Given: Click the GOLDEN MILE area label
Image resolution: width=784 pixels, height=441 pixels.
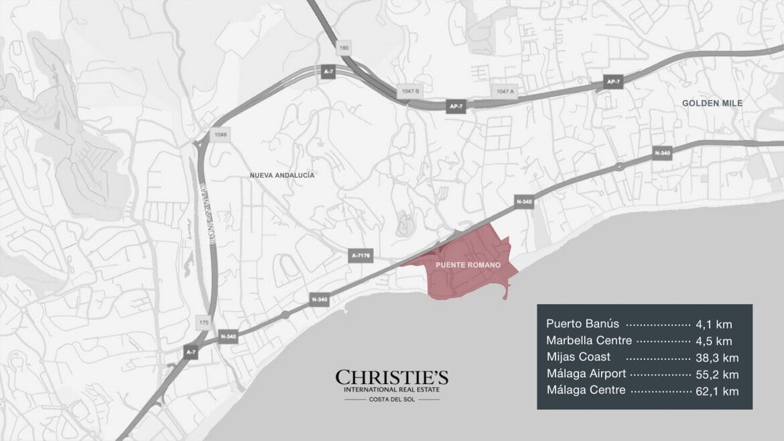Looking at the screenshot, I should click(712, 103).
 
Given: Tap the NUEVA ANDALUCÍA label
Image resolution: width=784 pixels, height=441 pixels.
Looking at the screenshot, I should click(282, 175).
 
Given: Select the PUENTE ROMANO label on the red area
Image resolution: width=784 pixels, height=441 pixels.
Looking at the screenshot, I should click(468, 265).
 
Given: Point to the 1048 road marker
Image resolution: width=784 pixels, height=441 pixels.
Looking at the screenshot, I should click(221, 134).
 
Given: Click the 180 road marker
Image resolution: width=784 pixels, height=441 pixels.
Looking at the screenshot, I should click(344, 48).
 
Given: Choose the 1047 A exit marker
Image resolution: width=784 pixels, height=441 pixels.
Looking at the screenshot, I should click(505, 91).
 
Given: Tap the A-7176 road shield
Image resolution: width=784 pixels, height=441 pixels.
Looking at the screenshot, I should click(361, 256).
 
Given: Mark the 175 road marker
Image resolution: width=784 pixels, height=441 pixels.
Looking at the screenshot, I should click(204, 322).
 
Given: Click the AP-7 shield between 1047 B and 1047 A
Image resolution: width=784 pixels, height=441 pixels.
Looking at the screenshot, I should click(456, 107).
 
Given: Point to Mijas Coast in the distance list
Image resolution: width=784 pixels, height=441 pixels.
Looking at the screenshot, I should click(578, 357).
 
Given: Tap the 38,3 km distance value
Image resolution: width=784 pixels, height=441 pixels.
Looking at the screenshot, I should click(717, 357).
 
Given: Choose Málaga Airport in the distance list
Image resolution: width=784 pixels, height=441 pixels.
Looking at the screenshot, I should click(586, 374).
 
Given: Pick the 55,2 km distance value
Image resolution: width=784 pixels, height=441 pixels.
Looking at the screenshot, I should click(717, 374).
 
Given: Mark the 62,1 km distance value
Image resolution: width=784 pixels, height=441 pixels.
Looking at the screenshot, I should click(717, 391).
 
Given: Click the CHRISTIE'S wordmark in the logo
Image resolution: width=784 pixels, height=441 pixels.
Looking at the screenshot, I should click(392, 377).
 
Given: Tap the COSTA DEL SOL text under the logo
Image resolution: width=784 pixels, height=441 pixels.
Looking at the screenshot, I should click(392, 400).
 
